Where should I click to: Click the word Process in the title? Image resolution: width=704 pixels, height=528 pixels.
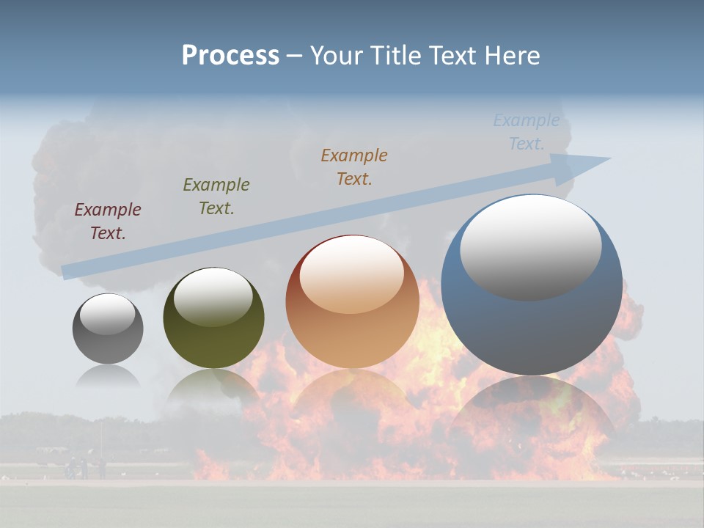point(230,56)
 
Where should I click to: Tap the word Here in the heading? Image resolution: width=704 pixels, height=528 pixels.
point(513,56)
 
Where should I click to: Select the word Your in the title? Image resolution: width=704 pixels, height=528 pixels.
point(334,56)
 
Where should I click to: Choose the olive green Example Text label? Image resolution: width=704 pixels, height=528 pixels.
point(216,197)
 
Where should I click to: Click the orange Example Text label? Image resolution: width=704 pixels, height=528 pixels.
point(354,167)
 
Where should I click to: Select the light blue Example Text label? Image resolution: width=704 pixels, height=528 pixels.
point(526,132)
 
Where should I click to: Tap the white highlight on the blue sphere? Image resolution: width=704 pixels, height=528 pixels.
point(530,246)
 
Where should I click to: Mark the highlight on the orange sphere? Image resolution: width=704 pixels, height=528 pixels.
point(351,274)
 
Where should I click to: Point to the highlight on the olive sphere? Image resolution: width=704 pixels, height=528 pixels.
point(213,296)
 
